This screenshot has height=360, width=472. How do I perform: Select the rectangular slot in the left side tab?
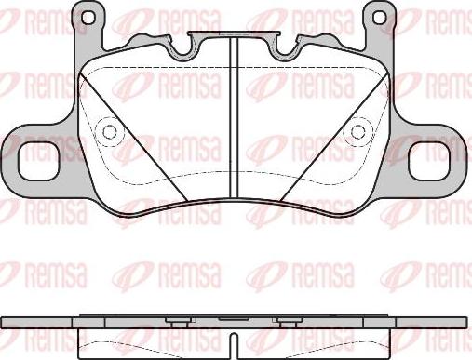point(31,161)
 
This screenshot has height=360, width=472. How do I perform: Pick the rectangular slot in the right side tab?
point(438,161)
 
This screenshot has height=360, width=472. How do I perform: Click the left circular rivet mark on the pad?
point(109,132)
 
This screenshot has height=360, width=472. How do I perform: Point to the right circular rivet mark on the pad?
point(357,132)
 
